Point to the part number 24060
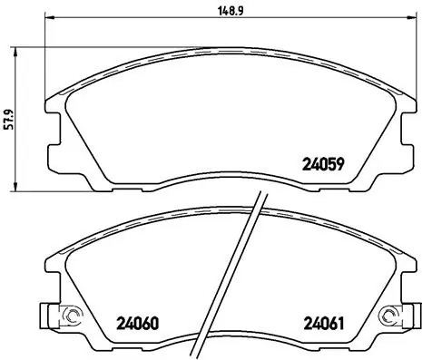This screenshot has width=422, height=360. coord(138,322)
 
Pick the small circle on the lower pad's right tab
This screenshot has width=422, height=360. coord(391,316)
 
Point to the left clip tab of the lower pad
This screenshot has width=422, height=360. coord(45,316)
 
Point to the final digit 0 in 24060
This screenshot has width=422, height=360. coord(156,322)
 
